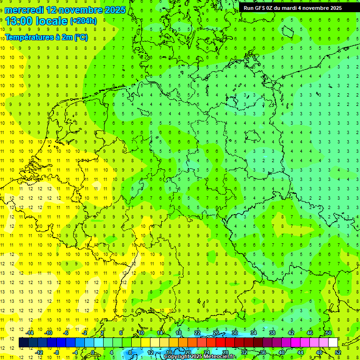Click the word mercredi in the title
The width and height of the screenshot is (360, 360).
point(24,9)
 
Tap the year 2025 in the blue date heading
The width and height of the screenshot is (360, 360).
point(114,9)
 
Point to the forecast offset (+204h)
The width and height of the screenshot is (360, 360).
point(83,21)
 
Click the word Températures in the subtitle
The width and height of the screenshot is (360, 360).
point(29,37)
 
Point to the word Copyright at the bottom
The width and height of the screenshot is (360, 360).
point(178,357)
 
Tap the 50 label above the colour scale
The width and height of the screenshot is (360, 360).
point(329,333)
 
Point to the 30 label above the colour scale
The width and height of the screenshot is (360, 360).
point(235,333)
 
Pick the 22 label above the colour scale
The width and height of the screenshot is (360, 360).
point(197,333)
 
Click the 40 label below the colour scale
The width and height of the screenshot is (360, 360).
point(282,352)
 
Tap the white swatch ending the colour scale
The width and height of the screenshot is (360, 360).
point(333,343)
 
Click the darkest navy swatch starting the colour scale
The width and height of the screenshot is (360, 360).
point(23,343)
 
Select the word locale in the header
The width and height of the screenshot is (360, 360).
point(53,21)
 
